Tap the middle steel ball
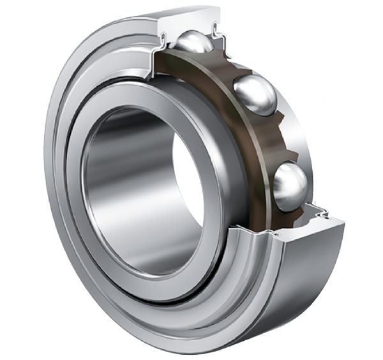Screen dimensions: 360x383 [x=255, y=94]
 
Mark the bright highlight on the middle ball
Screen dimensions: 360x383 [x=250, y=86]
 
